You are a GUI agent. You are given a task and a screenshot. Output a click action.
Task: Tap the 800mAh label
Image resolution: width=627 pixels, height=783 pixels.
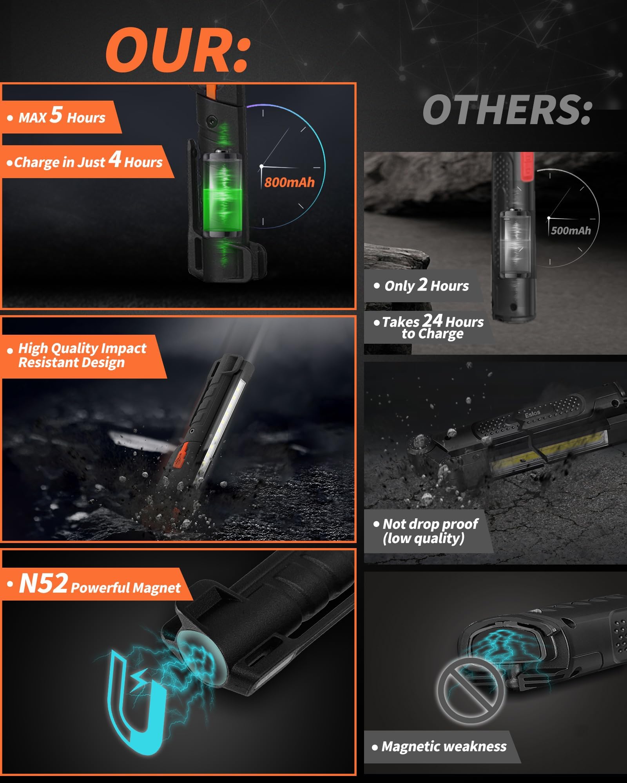pyautogui.click(x=289, y=182)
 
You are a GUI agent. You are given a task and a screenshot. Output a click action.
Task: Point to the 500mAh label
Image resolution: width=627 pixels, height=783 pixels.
pyautogui.click(x=571, y=231)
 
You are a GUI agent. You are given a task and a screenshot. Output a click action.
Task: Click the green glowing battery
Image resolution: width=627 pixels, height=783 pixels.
pyautogui.click(x=222, y=195)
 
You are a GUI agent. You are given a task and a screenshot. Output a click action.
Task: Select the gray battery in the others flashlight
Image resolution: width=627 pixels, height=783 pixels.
pyautogui.click(x=515, y=243)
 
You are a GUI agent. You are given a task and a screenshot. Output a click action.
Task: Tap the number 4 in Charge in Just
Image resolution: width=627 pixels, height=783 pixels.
pyautogui.click(x=115, y=159)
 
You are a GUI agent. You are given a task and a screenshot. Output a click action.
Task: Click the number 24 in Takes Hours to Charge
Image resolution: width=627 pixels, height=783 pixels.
pyautogui.click(x=433, y=321)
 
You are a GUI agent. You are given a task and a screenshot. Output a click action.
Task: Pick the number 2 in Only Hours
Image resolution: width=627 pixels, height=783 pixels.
pyautogui.click(x=422, y=285)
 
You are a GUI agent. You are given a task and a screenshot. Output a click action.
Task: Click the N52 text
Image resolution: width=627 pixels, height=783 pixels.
pyautogui.click(x=43, y=584)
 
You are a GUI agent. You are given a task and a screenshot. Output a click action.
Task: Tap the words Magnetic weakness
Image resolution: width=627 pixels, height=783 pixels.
pyautogui.click(x=444, y=747)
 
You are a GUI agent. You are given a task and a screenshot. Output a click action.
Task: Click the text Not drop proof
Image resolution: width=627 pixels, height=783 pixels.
pyautogui.click(x=430, y=524)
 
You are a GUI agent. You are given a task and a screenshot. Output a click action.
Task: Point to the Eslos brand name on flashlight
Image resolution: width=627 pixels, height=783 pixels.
pyautogui.click(x=533, y=413)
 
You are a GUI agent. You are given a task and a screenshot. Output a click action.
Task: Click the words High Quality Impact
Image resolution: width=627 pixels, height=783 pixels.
pyautogui.click(x=82, y=348)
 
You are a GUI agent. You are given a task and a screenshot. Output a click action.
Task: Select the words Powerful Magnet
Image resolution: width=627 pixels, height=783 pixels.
pyautogui.click(x=126, y=588)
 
